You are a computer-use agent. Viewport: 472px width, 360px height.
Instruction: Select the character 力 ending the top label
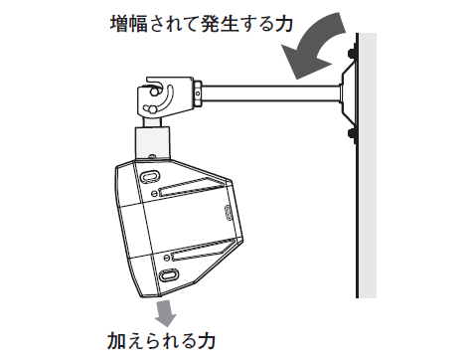pos(282,22)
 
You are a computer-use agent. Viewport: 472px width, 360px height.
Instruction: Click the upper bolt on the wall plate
pos(351,53)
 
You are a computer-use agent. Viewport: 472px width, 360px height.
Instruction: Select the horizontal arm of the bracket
pos(268,94)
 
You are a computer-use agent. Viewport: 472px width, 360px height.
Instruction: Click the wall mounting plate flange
pos(347,92)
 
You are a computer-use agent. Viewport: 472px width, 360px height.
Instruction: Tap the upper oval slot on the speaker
pos(149,175)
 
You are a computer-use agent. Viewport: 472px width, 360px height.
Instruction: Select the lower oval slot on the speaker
pos(167,272)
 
